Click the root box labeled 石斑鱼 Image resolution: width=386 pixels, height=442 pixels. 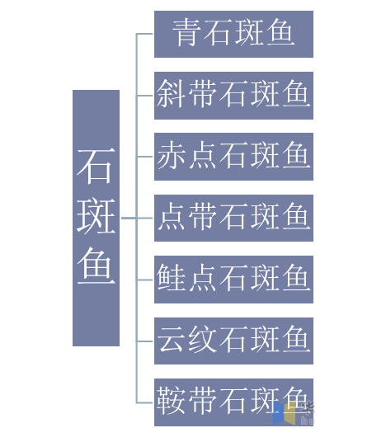pos(96,218)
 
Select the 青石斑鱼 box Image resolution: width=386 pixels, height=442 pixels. pos(233,34)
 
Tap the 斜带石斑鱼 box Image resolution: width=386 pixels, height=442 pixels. pos(233,96)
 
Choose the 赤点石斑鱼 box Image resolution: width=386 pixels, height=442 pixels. pos(233,157)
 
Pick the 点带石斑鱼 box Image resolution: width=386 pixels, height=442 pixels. pos(233,218)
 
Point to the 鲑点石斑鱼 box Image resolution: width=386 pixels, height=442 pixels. pos(233,280)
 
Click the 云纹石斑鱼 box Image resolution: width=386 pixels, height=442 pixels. pos(233,341)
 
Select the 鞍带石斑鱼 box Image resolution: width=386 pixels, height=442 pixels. pos(233,402)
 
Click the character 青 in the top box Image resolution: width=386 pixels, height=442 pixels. pos(186,33)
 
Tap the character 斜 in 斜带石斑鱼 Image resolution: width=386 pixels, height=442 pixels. pos(171,94)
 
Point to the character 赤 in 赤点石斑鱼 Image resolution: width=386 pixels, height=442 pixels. pos(171,155)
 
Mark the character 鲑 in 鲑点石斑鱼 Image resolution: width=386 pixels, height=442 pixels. pos(171,278)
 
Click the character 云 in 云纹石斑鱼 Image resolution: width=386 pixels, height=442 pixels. pos(171,340)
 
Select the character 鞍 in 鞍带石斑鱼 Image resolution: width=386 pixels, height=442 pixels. pos(171,401)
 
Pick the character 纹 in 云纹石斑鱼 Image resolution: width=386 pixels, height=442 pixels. pos(202,340)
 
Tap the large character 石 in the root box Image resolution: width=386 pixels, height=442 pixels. pos(96,167)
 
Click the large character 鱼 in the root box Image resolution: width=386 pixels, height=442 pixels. pos(96,266)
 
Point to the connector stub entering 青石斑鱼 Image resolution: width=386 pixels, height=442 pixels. pos(144,34)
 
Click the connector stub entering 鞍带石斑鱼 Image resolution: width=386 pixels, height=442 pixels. pos(144,402)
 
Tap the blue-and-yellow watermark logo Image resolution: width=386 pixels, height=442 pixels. pos(285,413)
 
